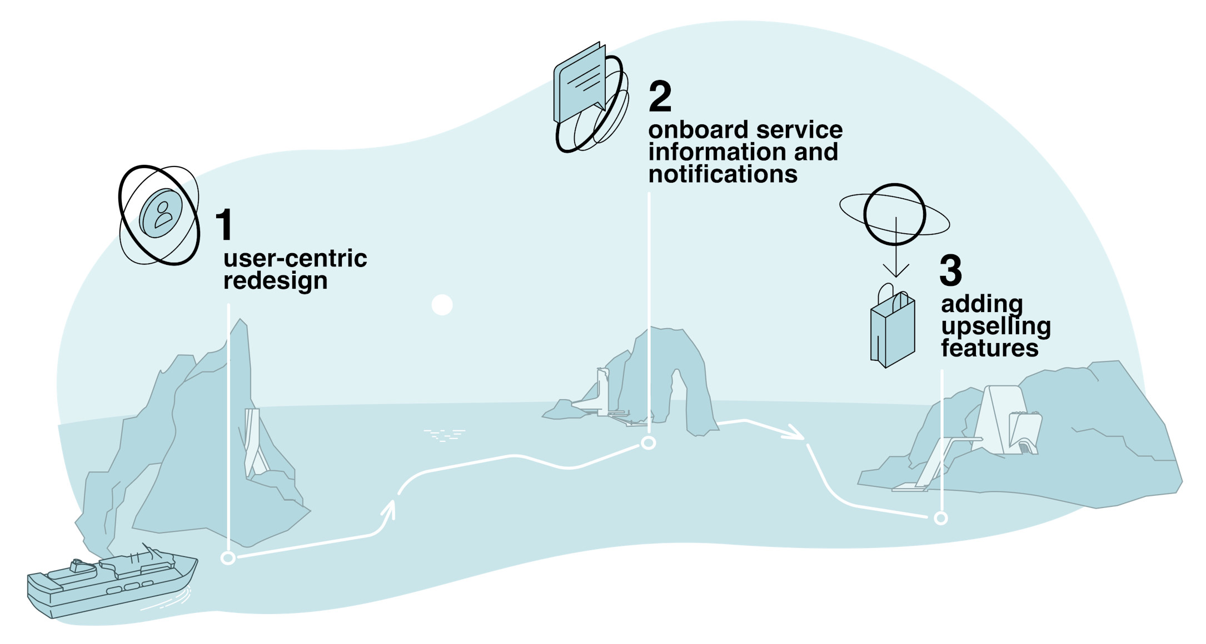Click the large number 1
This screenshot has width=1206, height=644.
[225, 225]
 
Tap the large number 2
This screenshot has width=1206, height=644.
[660, 97]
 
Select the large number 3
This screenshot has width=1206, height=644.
[950, 270]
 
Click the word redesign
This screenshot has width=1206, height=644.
[275, 281]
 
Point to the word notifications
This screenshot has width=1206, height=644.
[722, 174]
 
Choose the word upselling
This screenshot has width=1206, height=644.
[995, 327]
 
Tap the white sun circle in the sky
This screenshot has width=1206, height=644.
[442, 305]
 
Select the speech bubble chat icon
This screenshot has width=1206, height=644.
[580, 86]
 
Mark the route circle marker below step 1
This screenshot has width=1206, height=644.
[228, 558]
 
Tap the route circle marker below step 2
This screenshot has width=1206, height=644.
[648, 442]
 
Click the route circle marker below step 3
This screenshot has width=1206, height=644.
[940, 518]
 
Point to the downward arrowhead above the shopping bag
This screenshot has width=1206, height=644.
[895, 272]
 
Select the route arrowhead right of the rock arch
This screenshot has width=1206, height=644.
[795, 433]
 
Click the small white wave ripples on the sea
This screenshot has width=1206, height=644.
[444, 435]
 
